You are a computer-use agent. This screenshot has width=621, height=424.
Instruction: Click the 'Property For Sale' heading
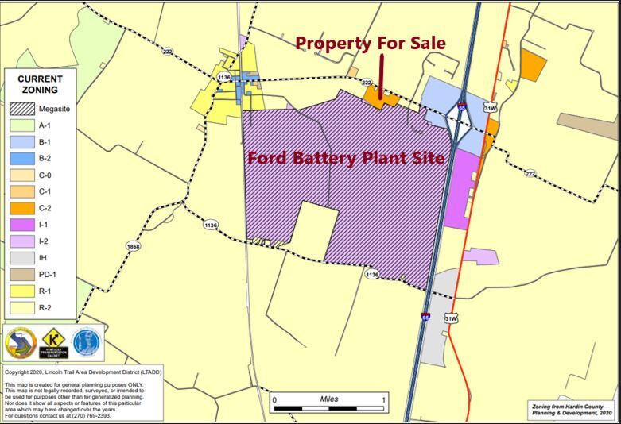(x=371, y=43)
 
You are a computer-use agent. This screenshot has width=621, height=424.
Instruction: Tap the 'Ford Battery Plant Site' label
(x=346, y=157)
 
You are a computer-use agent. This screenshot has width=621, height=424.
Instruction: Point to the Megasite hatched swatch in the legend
(x=21, y=109)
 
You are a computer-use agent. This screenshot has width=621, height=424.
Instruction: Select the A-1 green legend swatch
(x=21, y=125)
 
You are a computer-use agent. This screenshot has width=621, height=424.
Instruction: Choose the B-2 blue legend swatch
(x=21, y=158)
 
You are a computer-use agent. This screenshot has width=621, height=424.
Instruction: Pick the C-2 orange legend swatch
(x=21, y=208)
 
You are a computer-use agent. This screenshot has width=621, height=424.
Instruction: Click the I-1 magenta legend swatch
(x=21, y=225)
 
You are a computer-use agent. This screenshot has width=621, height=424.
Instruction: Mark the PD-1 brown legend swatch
(x=21, y=274)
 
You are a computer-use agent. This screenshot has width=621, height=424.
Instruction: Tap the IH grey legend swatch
(x=21, y=257)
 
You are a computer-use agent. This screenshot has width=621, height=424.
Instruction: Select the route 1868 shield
(x=133, y=246)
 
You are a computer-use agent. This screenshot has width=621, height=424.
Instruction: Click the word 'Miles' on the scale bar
(x=329, y=399)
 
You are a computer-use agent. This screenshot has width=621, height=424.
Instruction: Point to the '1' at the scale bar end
(x=384, y=399)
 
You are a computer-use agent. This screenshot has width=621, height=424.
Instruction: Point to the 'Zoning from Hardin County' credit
(x=572, y=406)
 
